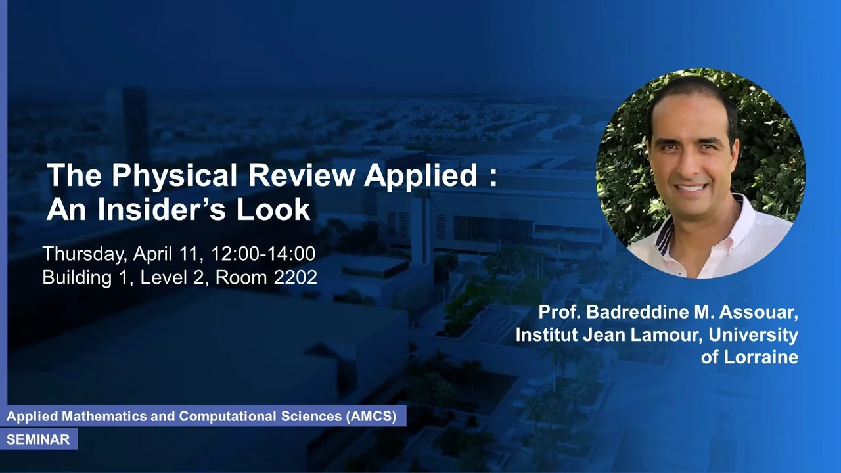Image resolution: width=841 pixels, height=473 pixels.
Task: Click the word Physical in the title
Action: point(174,175)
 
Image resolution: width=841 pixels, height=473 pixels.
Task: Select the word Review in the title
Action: point(302,175)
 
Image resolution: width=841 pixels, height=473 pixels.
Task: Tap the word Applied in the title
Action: point(420,175)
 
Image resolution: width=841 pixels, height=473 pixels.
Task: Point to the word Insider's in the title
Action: point(162,209)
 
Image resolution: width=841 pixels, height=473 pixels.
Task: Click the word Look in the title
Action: point(273,209)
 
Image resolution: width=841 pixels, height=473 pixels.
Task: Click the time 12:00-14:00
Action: point(263,254)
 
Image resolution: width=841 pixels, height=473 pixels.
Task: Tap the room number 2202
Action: point(296,277)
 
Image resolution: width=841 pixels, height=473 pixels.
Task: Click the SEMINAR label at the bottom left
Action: point(38,439)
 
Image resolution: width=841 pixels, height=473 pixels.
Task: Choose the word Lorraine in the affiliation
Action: point(761,357)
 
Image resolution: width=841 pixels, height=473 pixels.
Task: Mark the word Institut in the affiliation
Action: point(547,334)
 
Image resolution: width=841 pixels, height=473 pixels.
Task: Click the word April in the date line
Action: point(165,254)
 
